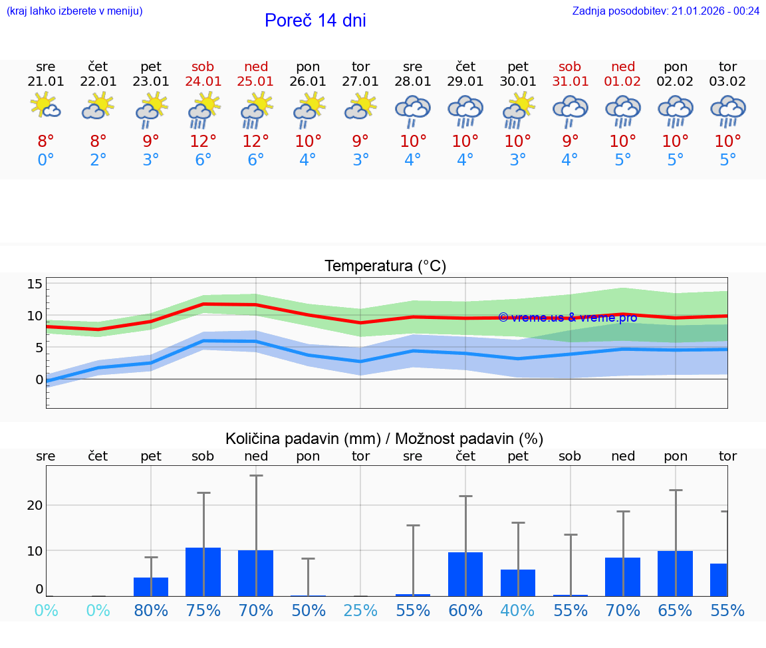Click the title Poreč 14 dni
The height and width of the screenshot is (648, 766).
[x=315, y=21]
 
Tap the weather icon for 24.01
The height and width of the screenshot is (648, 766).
[x=203, y=110]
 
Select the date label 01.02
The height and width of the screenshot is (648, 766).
[x=623, y=82]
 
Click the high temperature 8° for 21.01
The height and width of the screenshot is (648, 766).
[x=45, y=142]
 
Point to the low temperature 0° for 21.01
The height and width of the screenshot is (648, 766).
[x=45, y=160]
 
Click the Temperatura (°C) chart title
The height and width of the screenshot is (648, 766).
[x=385, y=267]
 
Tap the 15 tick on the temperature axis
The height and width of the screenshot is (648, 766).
[x=34, y=284]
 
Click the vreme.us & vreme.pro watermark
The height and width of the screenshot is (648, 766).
[x=567, y=318]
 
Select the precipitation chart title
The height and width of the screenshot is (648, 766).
[x=384, y=439]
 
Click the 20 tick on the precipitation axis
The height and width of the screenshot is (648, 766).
[x=35, y=505]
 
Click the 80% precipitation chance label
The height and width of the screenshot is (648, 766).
[x=151, y=610]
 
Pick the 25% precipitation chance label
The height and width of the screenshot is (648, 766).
[x=360, y=610]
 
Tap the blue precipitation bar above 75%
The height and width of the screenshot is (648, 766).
[x=203, y=572]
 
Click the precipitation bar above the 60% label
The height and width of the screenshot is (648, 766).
[x=465, y=574]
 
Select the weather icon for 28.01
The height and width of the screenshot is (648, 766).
[x=413, y=110]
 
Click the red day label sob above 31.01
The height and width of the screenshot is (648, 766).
[x=570, y=66]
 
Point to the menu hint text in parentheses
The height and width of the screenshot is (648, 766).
[x=74, y=11]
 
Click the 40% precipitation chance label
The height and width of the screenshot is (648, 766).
[x=518, y=610]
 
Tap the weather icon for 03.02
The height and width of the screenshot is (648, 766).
[x=727, y=110]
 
